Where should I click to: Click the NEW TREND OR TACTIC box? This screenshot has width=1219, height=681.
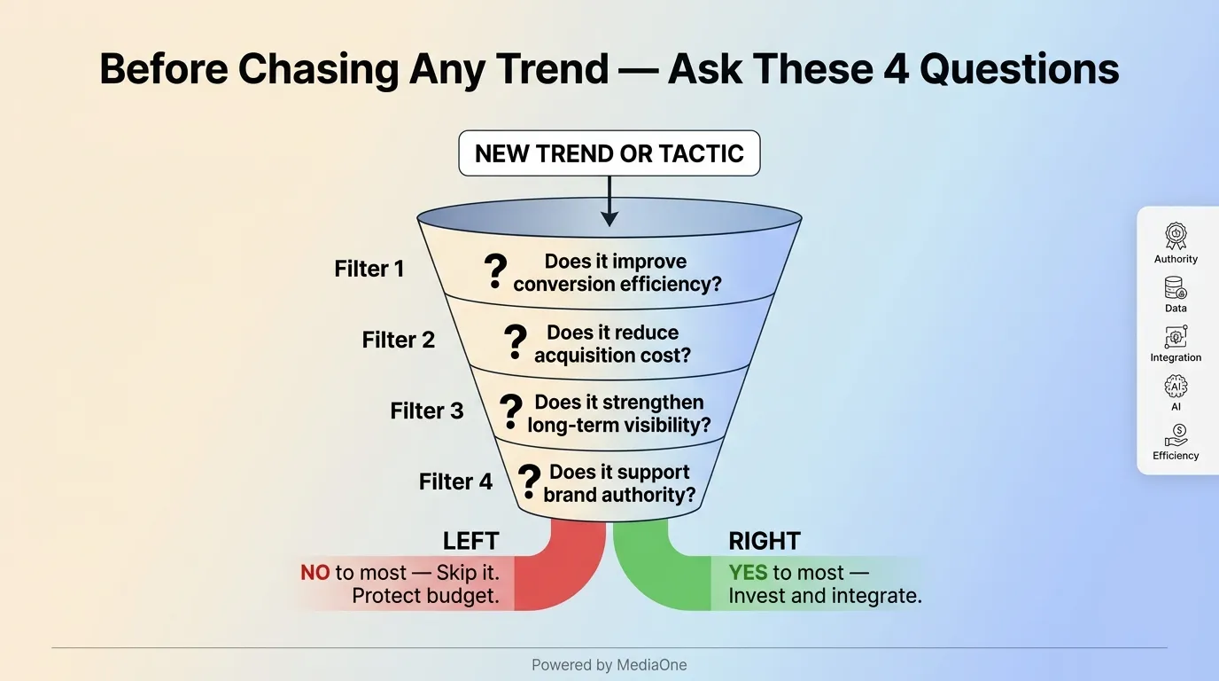[609, 153]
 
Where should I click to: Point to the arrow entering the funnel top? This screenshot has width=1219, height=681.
[609, 200]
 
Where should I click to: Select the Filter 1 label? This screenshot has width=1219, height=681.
[369, 269]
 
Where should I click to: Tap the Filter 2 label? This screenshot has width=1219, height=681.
[398, 340]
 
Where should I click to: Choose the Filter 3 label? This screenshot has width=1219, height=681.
[426, 411]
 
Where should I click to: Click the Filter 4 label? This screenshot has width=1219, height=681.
[455, 481]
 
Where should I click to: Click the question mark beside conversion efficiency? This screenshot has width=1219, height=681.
[496, 272]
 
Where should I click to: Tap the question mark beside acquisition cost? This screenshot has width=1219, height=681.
[515, 342]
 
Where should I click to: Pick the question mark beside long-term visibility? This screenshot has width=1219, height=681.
[510, 412]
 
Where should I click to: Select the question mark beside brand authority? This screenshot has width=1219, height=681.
[528, 481]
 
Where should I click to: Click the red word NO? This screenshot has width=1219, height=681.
[315, 573]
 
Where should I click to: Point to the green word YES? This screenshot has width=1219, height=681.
[748, 573]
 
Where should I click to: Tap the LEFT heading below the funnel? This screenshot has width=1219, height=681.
[470, 541]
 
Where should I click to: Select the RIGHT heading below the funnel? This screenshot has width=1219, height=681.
[764, 541]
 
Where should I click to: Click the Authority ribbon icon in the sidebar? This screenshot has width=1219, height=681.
[1176, 236]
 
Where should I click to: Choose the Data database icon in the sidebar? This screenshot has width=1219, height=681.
[1176, 288]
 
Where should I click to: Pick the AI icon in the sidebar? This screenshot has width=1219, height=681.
[1176, 387]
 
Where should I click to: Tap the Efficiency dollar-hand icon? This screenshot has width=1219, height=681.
[1176, 435]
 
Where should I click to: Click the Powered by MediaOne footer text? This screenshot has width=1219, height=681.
[609, 665]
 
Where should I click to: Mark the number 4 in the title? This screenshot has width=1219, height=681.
[896, 68]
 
